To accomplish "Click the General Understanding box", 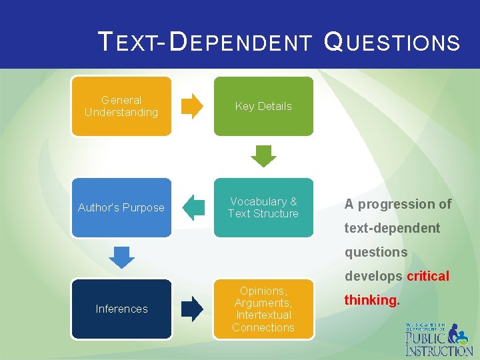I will coord(121,106).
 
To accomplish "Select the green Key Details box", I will coord(263,106).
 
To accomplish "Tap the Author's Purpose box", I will coord(121,207).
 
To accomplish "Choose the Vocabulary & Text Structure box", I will coord(263,207).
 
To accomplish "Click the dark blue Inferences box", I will coord(121,309).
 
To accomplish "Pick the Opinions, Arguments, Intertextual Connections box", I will coord(263,309).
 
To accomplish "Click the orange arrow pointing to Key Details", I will coord(193,106).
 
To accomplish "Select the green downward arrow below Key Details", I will coord(263,157).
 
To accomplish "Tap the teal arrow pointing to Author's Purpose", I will coord(193,207).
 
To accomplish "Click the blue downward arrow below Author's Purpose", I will coord(121,257).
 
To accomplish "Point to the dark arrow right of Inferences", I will coord(193,309).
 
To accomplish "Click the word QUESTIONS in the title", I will coord(391,43).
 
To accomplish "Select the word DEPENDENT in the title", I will coord(241,43).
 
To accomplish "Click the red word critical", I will coord(428,276).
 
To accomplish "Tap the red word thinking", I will coord(370,300).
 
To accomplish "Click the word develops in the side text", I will coord(373,276).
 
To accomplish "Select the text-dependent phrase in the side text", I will coord(392,228).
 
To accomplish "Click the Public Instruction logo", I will coord(439,339).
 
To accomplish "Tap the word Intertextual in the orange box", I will coord(263,315).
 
